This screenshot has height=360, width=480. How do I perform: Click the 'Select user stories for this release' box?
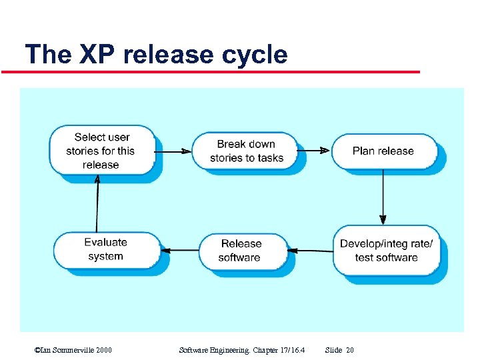tap(102, 151)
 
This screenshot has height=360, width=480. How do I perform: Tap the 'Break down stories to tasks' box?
tap(246, 151)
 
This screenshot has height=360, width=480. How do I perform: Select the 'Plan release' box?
tap(383, 151)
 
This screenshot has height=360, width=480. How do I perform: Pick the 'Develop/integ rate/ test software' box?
tap(386, 251)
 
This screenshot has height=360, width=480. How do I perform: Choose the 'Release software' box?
tap(241, 251)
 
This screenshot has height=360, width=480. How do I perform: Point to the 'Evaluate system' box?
tap(105, 249)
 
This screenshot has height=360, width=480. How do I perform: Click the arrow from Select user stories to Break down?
tap(173, 151)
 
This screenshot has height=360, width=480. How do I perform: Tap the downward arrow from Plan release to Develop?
tap(383, 196)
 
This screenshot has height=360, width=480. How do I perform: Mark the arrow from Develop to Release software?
tap(313, 251)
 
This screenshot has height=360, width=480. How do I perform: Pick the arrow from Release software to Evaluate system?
tap(180, 251)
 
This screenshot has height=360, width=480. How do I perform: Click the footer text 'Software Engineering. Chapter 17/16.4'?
tap(243, 349)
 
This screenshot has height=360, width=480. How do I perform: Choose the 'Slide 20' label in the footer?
tap(339, 349)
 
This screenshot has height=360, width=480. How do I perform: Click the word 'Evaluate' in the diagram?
tap(105, 243)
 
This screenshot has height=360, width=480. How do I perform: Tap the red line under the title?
tap(220, 71)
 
